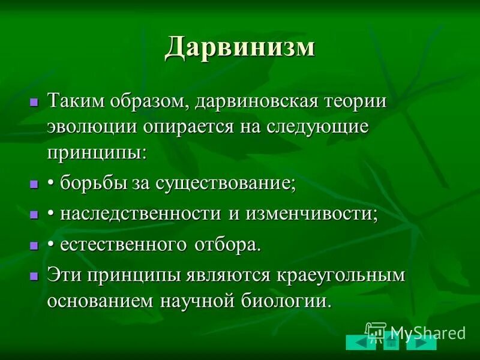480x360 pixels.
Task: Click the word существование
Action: coord(230,184)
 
